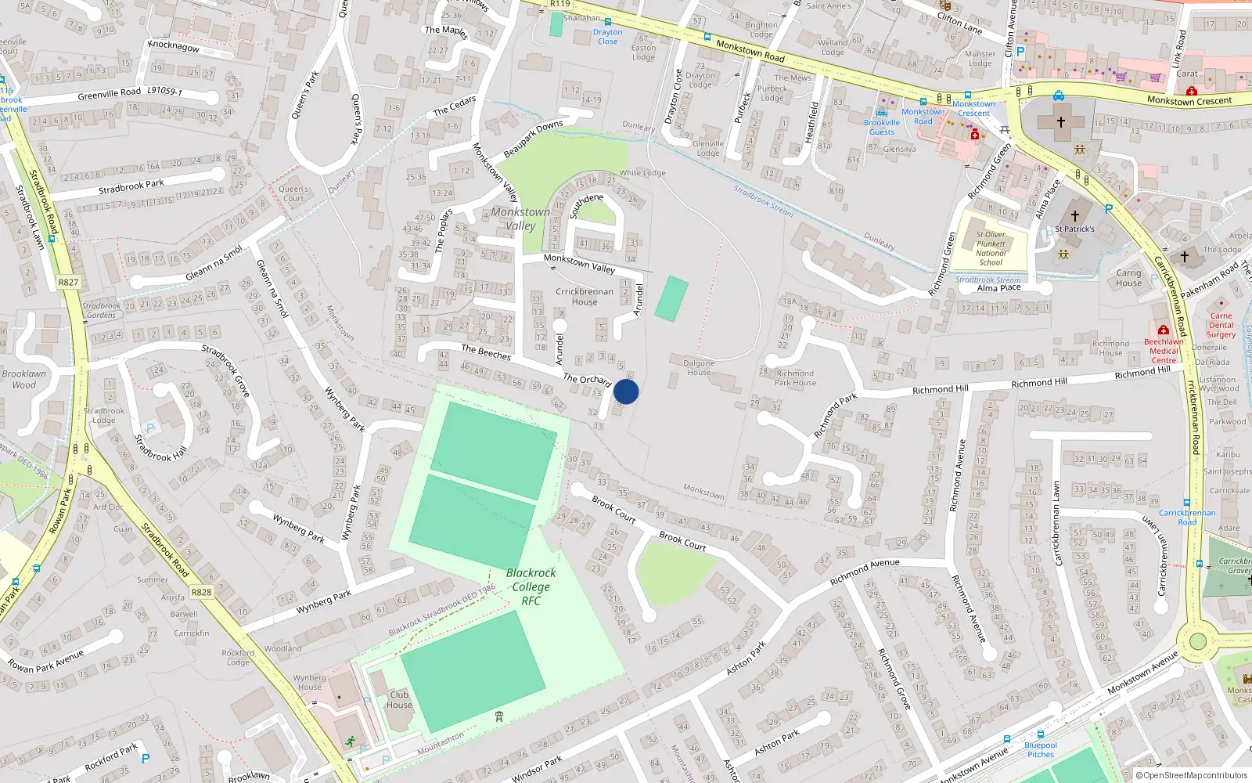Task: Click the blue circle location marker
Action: tap(626, 391)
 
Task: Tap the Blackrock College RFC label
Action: tap(531, 586)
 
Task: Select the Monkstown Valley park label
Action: tap(520, 218)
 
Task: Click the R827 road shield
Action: tap(68, 282)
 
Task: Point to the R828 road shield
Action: tap(201, 592)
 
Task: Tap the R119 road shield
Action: tap(559, 4)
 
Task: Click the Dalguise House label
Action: tap(699, 367)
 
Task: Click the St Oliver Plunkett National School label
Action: tap(991, 248)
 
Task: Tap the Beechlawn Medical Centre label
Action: tap(1164, 351)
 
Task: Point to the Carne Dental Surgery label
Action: tap(1221, 325)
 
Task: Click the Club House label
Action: tap(399, 699)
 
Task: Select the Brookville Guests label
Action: tap(882, 127)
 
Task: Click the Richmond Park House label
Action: tap(795, 377)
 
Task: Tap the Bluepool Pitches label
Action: tap(1041, 749)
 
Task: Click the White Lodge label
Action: tap(642, 173)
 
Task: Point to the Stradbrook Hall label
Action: tap(161, 448)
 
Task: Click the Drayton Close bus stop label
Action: tap(607, 37)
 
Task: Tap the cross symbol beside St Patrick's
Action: tap(1074, 215)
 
